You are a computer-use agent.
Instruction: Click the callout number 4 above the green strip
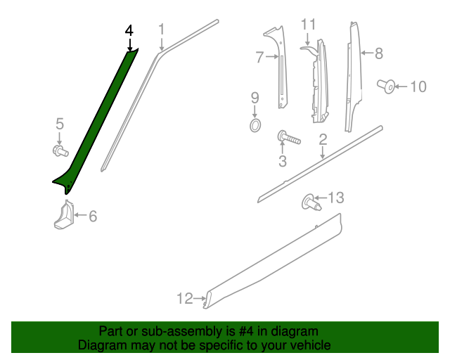(x=129, y=31)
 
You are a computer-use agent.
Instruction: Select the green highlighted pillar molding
(x=98, y=120)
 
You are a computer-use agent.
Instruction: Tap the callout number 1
(x=161, y=30)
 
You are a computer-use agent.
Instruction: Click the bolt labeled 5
(x=60, y=150)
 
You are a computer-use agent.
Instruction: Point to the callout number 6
(x=92, y=217)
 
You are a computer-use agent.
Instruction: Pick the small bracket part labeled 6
(x=64, y=215)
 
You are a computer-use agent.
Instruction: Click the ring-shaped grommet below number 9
(x=255, y=126)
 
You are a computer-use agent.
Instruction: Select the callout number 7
(x=259, y=56)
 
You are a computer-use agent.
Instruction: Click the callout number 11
(x=309, y=25)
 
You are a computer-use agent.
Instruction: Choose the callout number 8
(x=378, y=53)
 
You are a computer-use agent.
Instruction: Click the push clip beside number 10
(x=385, y=86)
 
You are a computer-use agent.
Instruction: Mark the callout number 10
(x=418, y=87)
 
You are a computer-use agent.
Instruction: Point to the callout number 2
(x=323, y=140)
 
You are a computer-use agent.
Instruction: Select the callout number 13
(x=336, y=198)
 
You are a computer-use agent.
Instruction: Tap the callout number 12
(x=184, y=299)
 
